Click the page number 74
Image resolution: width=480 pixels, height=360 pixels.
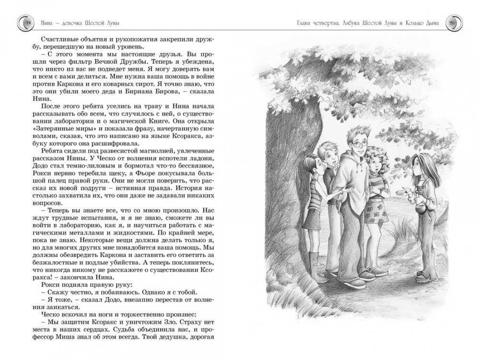[x=28, y=21]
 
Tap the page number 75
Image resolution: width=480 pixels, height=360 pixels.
[x=451, y=21]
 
